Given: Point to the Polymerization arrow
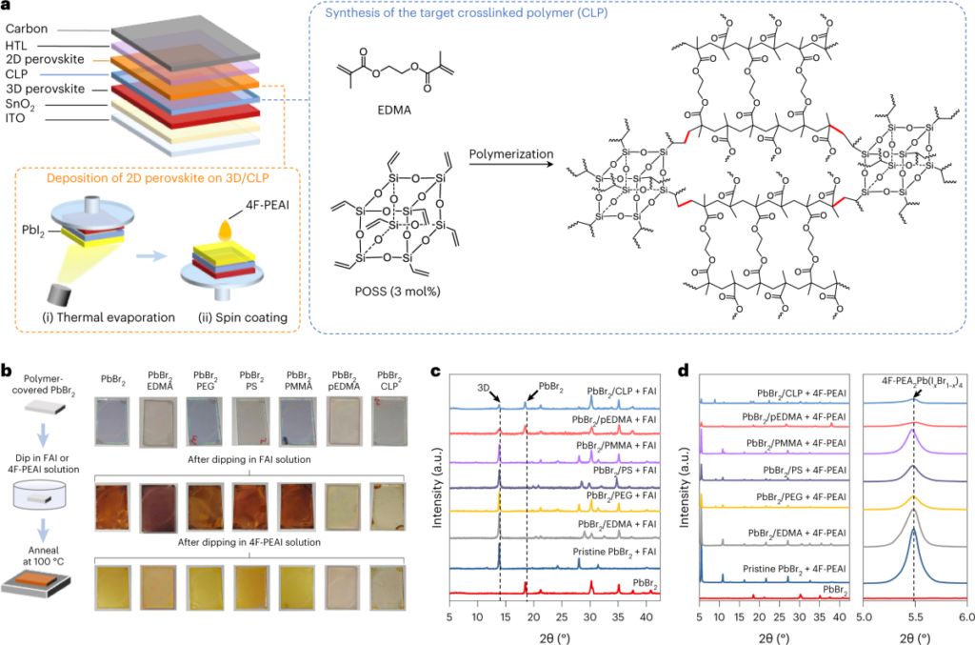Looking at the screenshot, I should tap(511, 164).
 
